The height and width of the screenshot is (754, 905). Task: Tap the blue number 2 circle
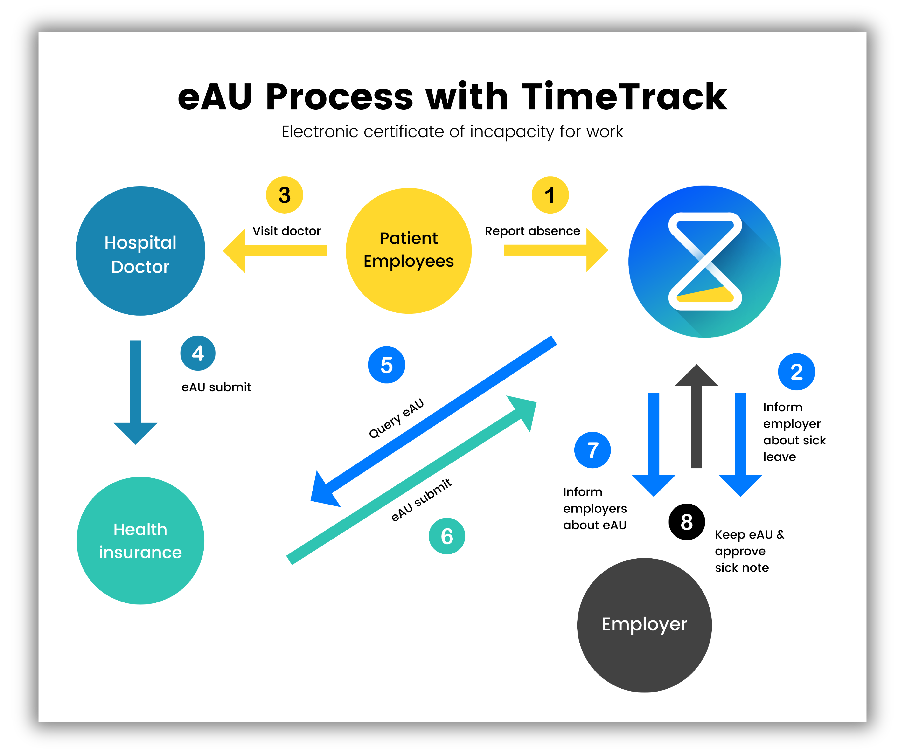pyautogui.click(x=796, y=372)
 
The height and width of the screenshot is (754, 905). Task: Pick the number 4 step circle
pyautogui.click(x=198, y=353)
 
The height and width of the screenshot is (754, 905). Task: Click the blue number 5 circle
pyautogui.click(x=387, y=365)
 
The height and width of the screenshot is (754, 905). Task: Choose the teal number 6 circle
pyautogui.click(x=447, y=536)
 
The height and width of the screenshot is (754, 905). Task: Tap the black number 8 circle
pyautogui.click(x=687, y=522)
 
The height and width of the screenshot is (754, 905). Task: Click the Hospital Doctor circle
pyautogui.click(x=140, y=251)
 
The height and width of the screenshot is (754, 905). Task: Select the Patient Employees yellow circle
pyautogui.click(x=409, y=251)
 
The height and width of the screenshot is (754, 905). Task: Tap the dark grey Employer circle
pyautogui.click(x=644, y=625)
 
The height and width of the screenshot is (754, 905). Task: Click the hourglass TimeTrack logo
pyautogui.click(x=705, y=262)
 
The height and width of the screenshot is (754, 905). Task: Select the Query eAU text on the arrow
pyautogui.click(x=397, y=418)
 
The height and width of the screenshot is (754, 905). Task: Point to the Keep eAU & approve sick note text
pyautogui.click(x=749, y=551)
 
